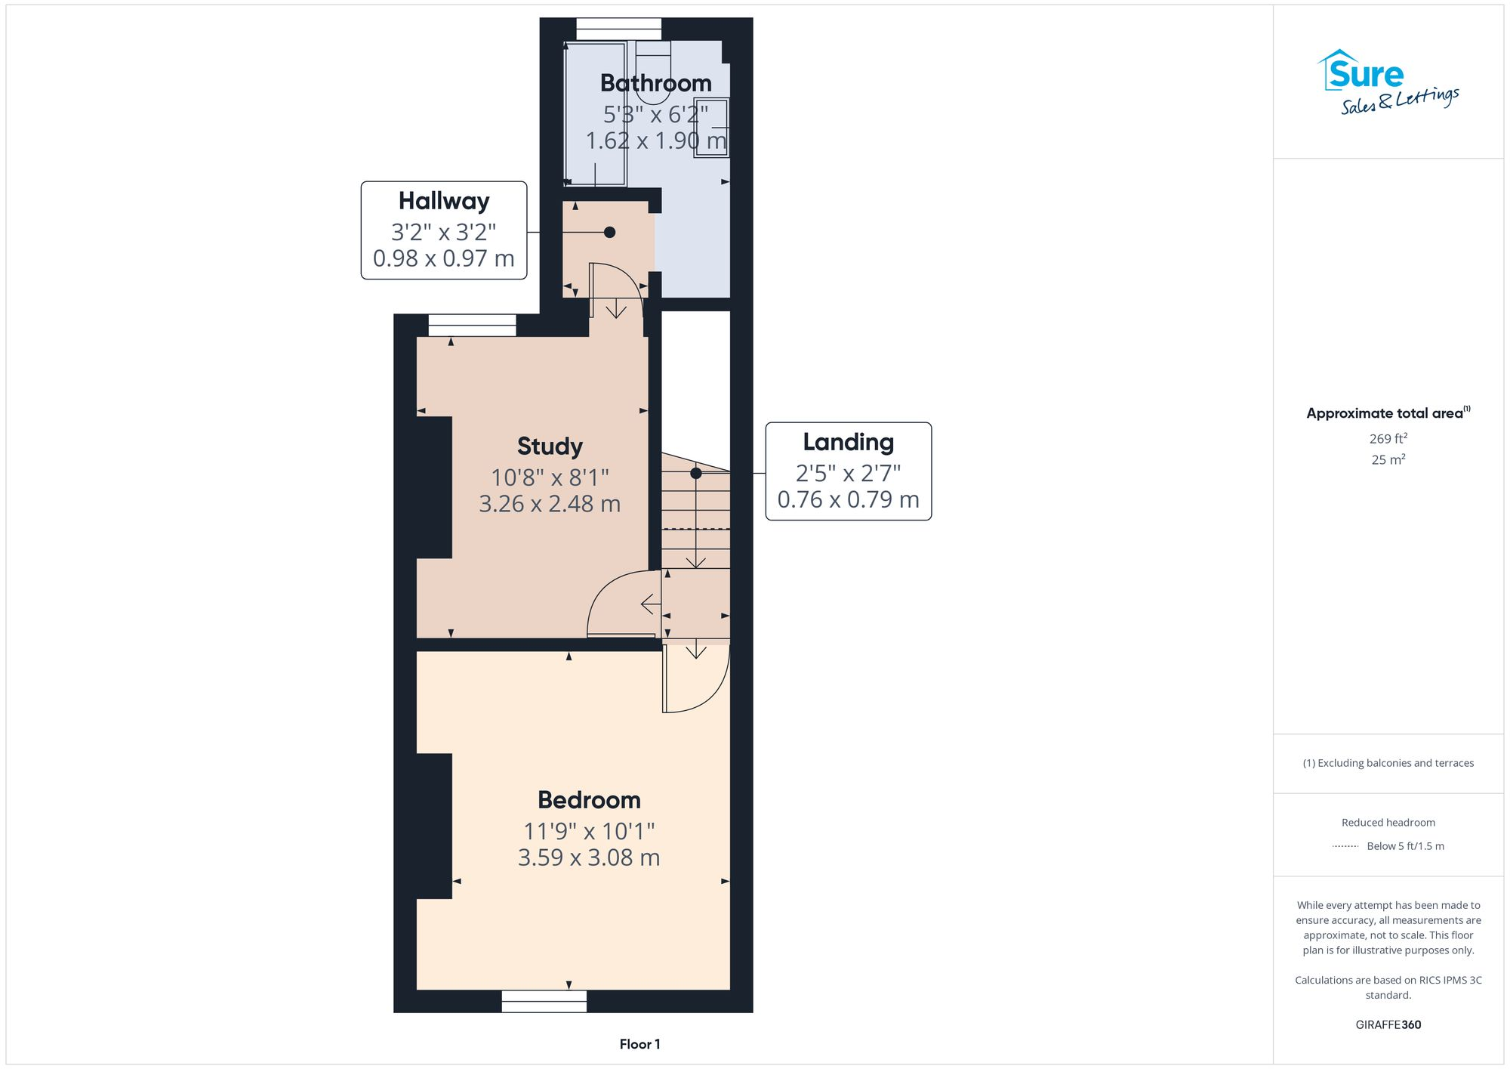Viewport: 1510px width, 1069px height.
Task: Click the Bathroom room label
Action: click(655, 83)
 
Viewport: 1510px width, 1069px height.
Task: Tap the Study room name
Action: click(550, 446)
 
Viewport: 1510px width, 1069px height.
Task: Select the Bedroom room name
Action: click(589, 800)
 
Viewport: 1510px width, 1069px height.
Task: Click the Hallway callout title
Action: click(444, 201)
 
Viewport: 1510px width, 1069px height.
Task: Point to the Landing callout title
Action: click(848, 442)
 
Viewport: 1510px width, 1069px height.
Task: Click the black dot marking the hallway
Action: click(609, 233)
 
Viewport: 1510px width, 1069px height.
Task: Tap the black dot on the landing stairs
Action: click(696, 474)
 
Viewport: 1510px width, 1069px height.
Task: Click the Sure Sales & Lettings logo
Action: click(1388, 82)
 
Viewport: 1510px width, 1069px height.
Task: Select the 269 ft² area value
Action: click(1388, 439)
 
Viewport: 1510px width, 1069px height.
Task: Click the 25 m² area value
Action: click(1388, 459)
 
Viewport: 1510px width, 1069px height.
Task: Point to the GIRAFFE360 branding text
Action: click(1388, 1025)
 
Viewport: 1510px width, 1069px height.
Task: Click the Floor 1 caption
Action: click(639, 1044)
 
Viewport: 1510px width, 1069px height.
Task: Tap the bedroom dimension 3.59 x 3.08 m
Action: click(589, 858)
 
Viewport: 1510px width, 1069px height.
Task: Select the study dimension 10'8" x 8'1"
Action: click(550, 477)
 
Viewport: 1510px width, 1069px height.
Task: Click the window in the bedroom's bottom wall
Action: click(544, 1002)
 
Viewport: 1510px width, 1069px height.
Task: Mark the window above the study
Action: click(473, 326)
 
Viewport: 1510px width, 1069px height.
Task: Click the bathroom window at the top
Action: click(619, 29)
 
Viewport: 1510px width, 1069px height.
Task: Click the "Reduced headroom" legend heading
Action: click(1388, 823)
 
